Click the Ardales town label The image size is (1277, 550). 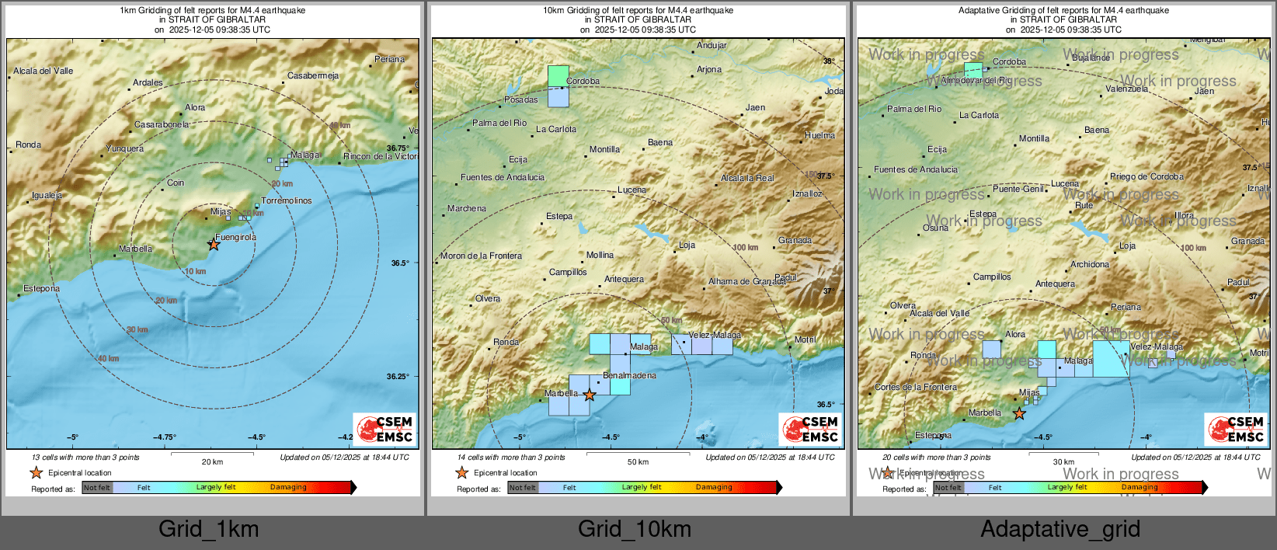pyautogui.click(x=148, y=82)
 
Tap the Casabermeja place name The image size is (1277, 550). pyautogui.click(x=313, y=75)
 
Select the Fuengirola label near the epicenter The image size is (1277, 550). pyautogui.click(x=235, y=237)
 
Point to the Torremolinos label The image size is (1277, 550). pyautogui.click(x=287, y=200)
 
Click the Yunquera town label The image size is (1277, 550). pyautogui.click(x=124, y=148)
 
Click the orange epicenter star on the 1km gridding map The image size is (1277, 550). pyautogui.click(x=214, y=245)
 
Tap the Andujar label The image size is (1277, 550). pyautogui.click(x=712, y=45)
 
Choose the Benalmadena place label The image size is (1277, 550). pyautogui.click(x=629, y=375)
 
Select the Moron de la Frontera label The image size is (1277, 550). pyautogui.click(x=481, y=256)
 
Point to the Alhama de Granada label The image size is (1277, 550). pyautogui.click(x=746, y=281)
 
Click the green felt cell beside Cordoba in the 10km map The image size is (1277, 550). pyautogui.click(x=558, y=75)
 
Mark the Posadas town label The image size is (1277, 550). pyautogui.click(x=520, y=99)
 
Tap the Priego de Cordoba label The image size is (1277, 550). pyautogui.click(x=1147, y=176)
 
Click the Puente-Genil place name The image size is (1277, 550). pyautogui.click(x=1018, y=189)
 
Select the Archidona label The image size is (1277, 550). pyautogui.click(x=1090, y=264)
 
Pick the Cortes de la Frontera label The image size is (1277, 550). pyautogui.click(x=916, y=387)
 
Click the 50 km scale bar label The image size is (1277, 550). pyautogui.click(x=638, y=461)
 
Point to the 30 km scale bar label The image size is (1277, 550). pyautogui.click(x=1063, y=461)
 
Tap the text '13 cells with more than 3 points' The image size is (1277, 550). pyautogui.click(x=85, y=457)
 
